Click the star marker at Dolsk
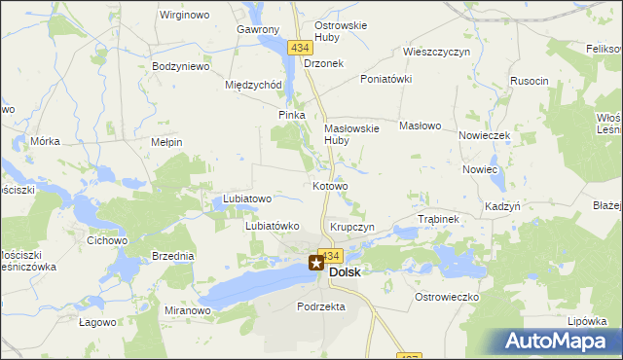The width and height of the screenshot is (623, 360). coord(316,262)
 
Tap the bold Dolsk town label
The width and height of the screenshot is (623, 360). coord(345,272)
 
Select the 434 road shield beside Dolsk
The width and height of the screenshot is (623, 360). coord(330,255)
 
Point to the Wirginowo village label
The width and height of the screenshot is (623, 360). coord(185,15)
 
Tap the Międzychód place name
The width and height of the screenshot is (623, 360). coord(253,84)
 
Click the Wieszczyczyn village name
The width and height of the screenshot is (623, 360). coord(437,51)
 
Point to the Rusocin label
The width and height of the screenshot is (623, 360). coord(530,81)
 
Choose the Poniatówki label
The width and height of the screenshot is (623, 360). coord(386,79)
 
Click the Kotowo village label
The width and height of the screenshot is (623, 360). coord(330,185)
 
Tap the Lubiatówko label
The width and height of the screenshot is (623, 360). coord(271,226)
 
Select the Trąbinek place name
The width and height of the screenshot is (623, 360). coord(437,219)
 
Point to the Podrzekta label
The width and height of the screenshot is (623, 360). coord(321,306)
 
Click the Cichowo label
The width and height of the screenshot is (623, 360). coord(107,239)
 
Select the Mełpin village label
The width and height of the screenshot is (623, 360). coord(166,142)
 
